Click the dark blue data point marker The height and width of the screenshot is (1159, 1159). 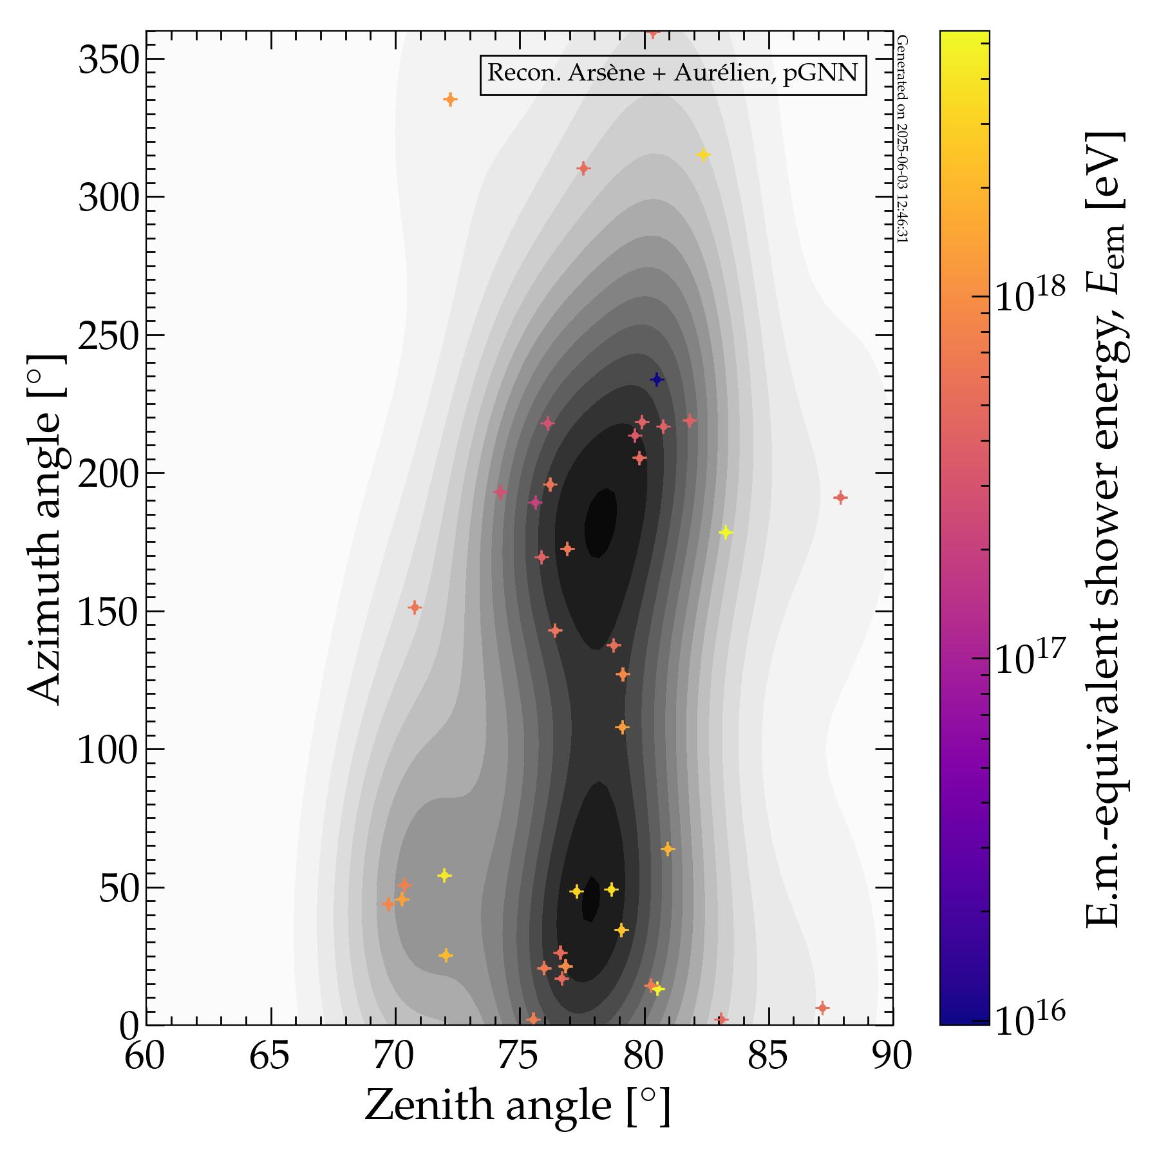coord(657,379)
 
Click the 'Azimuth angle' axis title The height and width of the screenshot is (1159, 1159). coord(45,528)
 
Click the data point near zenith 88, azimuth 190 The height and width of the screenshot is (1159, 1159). coord(840,497)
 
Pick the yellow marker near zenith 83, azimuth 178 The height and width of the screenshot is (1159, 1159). coord(726,532)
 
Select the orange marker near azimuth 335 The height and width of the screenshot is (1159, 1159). coord(450,99)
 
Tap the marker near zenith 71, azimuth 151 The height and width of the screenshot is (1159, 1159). coord(415,607)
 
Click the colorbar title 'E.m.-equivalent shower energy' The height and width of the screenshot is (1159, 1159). coord(1105,528)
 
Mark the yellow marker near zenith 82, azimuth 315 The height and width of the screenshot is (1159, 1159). coord(703,155)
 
